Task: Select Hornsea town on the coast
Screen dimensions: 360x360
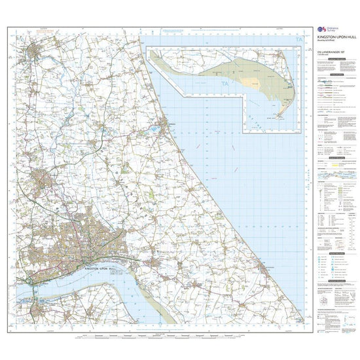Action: coord(166,124)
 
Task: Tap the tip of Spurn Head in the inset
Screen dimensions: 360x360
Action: coord(280,118)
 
